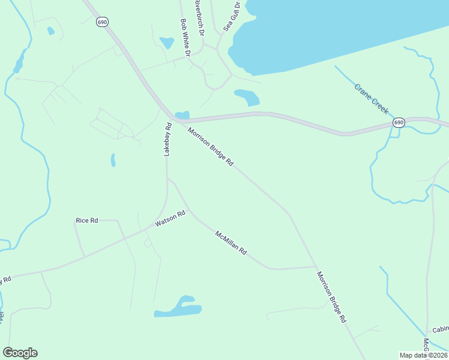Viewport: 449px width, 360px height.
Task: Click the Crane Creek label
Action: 371,99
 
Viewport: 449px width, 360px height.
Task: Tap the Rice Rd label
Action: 86,221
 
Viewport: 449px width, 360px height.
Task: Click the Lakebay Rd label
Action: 168,140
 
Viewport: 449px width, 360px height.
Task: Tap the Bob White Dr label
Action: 185,37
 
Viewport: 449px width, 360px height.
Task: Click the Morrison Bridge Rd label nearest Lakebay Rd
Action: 210,148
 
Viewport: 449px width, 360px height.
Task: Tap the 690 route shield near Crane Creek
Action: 399,122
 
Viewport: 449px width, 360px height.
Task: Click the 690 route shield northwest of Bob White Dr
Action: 101,22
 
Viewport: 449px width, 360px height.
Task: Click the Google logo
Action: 20,353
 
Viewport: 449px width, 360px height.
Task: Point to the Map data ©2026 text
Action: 424,355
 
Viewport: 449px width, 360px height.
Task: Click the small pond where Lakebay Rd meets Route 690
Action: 182,115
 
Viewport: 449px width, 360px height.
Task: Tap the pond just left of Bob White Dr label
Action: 166,43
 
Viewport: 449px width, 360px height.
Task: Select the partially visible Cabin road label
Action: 441,330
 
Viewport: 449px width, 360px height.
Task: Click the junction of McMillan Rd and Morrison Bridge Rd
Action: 315,266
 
